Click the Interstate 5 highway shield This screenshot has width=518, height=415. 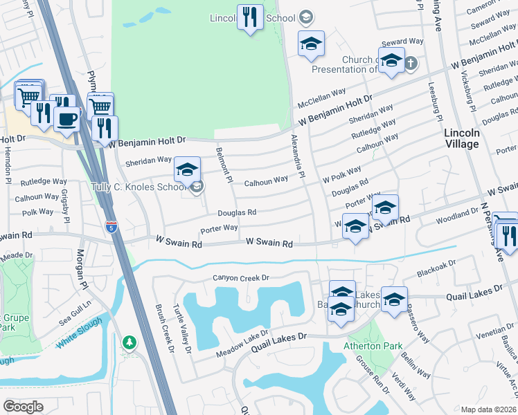coord(111,225)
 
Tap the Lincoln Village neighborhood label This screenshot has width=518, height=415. coord(462,138)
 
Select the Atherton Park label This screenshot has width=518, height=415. coord(364,346)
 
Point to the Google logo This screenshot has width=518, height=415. coord(23,407)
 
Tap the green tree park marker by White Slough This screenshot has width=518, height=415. coord(129,342)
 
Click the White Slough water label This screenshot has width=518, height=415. coord(78,333)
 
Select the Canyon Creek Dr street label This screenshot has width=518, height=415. coord(240,278)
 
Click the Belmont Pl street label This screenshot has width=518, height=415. coord(224,165)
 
